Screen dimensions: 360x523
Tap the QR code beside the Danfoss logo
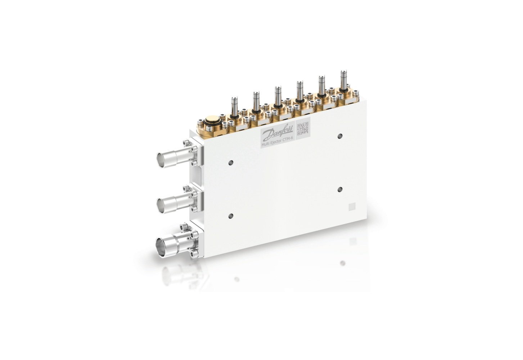click(x=303, y=129)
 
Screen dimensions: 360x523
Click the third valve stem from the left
click(x=277, y=95)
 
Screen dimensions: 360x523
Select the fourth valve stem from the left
click(x=299, y=90)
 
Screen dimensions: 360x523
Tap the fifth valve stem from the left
click(x=320, y=85)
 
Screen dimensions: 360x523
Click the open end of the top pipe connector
click(x=161, y=158)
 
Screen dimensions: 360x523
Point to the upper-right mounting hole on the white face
click(x=340, y=136)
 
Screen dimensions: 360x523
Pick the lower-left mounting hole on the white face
click(x=231, y=216)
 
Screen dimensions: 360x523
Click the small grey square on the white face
click(x=352, y=206)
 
